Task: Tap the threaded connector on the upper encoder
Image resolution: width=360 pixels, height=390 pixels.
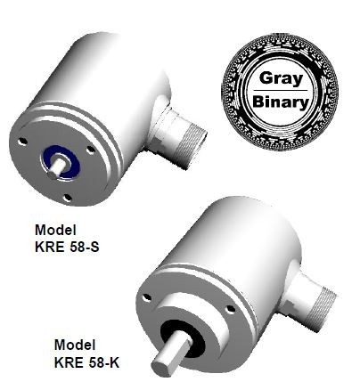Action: tap(182, 133)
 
